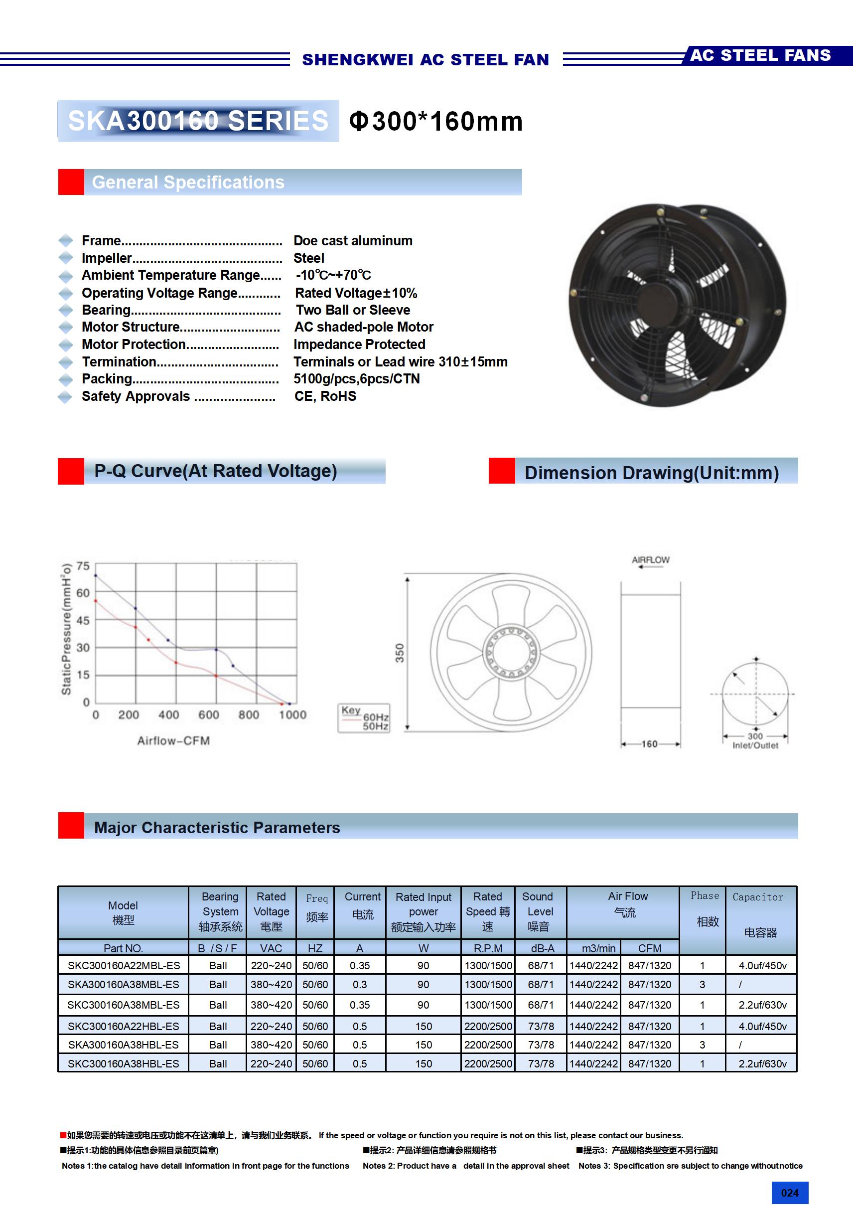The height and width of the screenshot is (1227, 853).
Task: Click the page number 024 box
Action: tap(789, 1193)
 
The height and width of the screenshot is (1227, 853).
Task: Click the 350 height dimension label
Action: tap(400, 653)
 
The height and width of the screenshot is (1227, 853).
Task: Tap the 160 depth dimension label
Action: tap(650, 744)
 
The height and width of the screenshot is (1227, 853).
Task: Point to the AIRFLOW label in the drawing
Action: tap(651, 559)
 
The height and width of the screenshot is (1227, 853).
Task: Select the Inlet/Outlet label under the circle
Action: tap(755, 745)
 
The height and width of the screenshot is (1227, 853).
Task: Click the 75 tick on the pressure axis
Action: tap(83, 566)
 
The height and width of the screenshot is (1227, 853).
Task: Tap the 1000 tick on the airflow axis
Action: tap(292, 714)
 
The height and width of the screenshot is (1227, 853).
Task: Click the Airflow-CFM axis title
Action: tap(173, 741)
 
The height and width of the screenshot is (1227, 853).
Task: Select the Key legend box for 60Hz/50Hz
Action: tap(364, 718)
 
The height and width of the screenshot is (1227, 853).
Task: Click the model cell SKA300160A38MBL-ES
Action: tap(124, 984)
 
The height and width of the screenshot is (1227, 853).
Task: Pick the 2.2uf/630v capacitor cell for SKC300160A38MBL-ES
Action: tap(762, 1005)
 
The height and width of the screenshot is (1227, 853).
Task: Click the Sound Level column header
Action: tap(540, 911)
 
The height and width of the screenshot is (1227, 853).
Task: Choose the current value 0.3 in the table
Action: tap(359, 984)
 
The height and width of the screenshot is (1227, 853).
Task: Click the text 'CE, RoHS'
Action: tap(325, 396)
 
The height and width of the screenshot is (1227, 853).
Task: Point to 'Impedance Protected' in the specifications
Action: tap(359, 344)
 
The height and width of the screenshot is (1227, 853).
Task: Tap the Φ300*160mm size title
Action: tap(436, 121)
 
